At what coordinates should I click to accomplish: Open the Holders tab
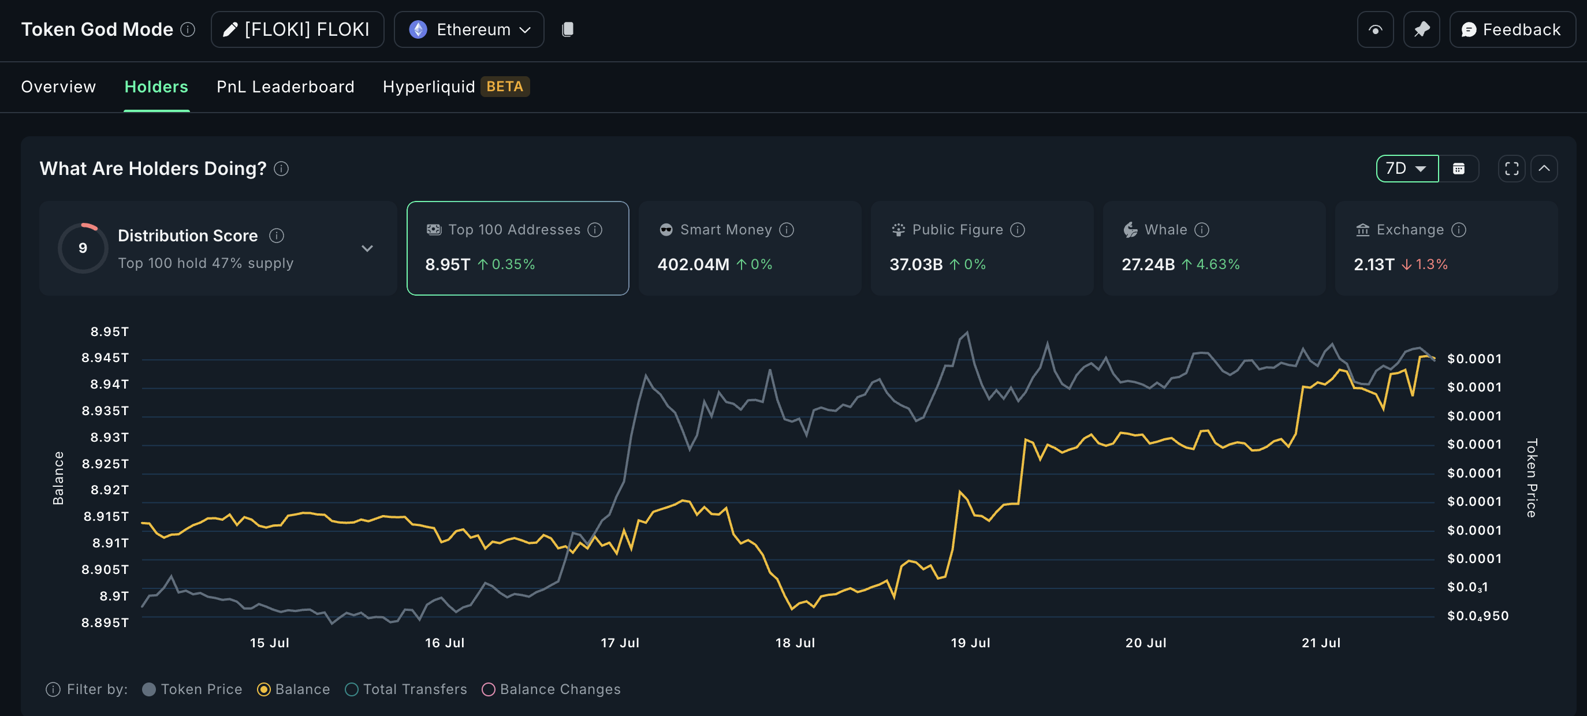click(x=156, y=87)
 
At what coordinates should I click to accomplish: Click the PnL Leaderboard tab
click(x=285, y=87)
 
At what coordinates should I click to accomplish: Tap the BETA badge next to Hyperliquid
click(x=505, y=86)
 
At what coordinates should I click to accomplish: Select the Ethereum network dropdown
click(x=469, y=29)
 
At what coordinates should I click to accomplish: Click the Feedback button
click(x=1513, y=29)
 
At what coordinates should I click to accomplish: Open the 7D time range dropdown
click(x=1406, y=168)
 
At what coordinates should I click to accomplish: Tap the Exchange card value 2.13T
click(x=1373, y=264)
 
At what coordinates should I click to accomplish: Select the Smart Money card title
click(x=725, y=230)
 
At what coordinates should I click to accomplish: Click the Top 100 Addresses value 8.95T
click(x=447, y=264)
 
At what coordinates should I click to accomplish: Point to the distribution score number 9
click(x=83, y=248)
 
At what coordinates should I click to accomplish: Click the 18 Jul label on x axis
click(x=795, y=643)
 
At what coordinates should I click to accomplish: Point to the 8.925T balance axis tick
click(x=105, y=463)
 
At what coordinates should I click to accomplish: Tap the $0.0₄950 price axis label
click(x=1477, y=616)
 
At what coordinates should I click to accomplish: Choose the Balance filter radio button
click(x=264, y=689)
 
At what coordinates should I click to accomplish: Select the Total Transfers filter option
click(x=407, y=689)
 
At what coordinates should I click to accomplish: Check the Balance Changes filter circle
click(x=488, y=689)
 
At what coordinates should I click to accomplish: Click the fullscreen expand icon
click(x=1511, y=168)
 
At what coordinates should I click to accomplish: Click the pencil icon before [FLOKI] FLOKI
click(x=230, y=29)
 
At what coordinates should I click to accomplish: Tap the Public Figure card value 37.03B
click(x=915, y=264)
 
